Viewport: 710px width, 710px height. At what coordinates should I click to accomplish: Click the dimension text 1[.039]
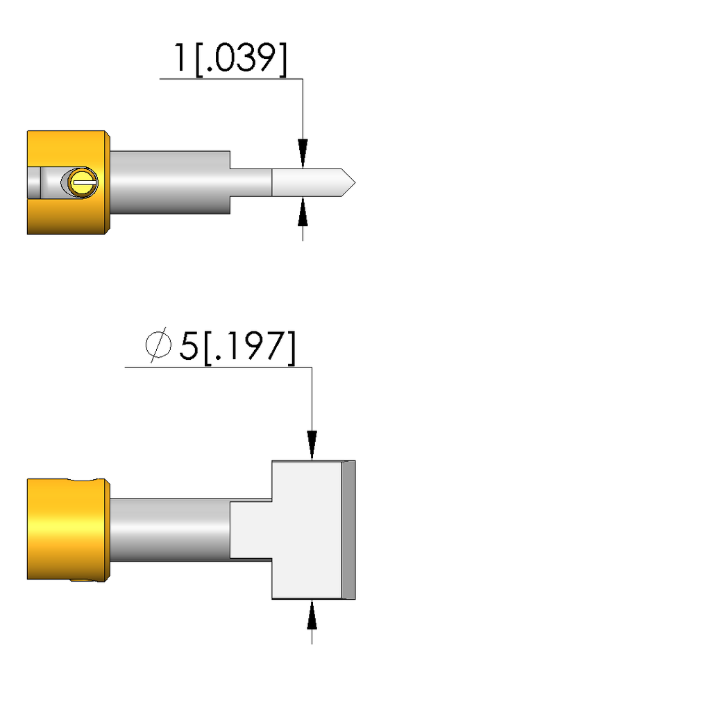click(x=230, y=59)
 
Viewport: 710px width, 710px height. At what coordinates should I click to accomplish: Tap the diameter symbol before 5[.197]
click(x=158, y=345)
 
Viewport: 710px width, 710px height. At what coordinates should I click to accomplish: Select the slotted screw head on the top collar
click(x=83, y=182)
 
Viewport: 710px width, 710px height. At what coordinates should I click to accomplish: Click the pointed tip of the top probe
click(x=355, y=182)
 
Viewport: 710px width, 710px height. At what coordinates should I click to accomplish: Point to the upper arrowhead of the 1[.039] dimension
click(x=303, y=153)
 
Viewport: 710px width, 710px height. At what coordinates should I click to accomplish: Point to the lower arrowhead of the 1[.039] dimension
click(x=303, y=211)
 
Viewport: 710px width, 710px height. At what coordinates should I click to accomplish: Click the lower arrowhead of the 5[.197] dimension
click(x=312, y=614)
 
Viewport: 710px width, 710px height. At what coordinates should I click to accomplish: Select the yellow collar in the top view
click(x=68, y=182)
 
